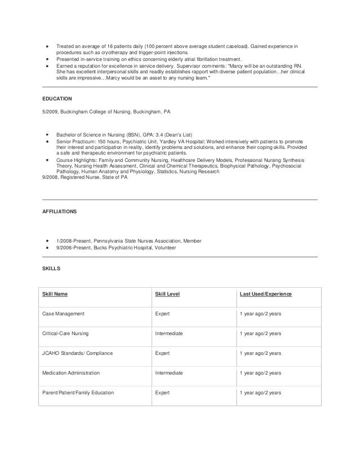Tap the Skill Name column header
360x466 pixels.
pos(55,294)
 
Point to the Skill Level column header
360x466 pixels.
pos(167,294)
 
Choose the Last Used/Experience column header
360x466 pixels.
pos(266,294)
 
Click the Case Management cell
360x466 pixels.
pos(63,314)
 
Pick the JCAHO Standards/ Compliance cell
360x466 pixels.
pos(77,354)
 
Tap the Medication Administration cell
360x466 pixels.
pos(71,373)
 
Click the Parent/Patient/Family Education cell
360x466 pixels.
pos(78,393)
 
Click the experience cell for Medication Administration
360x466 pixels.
pos(260,373)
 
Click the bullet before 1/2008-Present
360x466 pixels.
pos(48,241)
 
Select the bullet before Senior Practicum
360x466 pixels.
pos(48,142)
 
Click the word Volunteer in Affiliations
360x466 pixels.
pos(164,247)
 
